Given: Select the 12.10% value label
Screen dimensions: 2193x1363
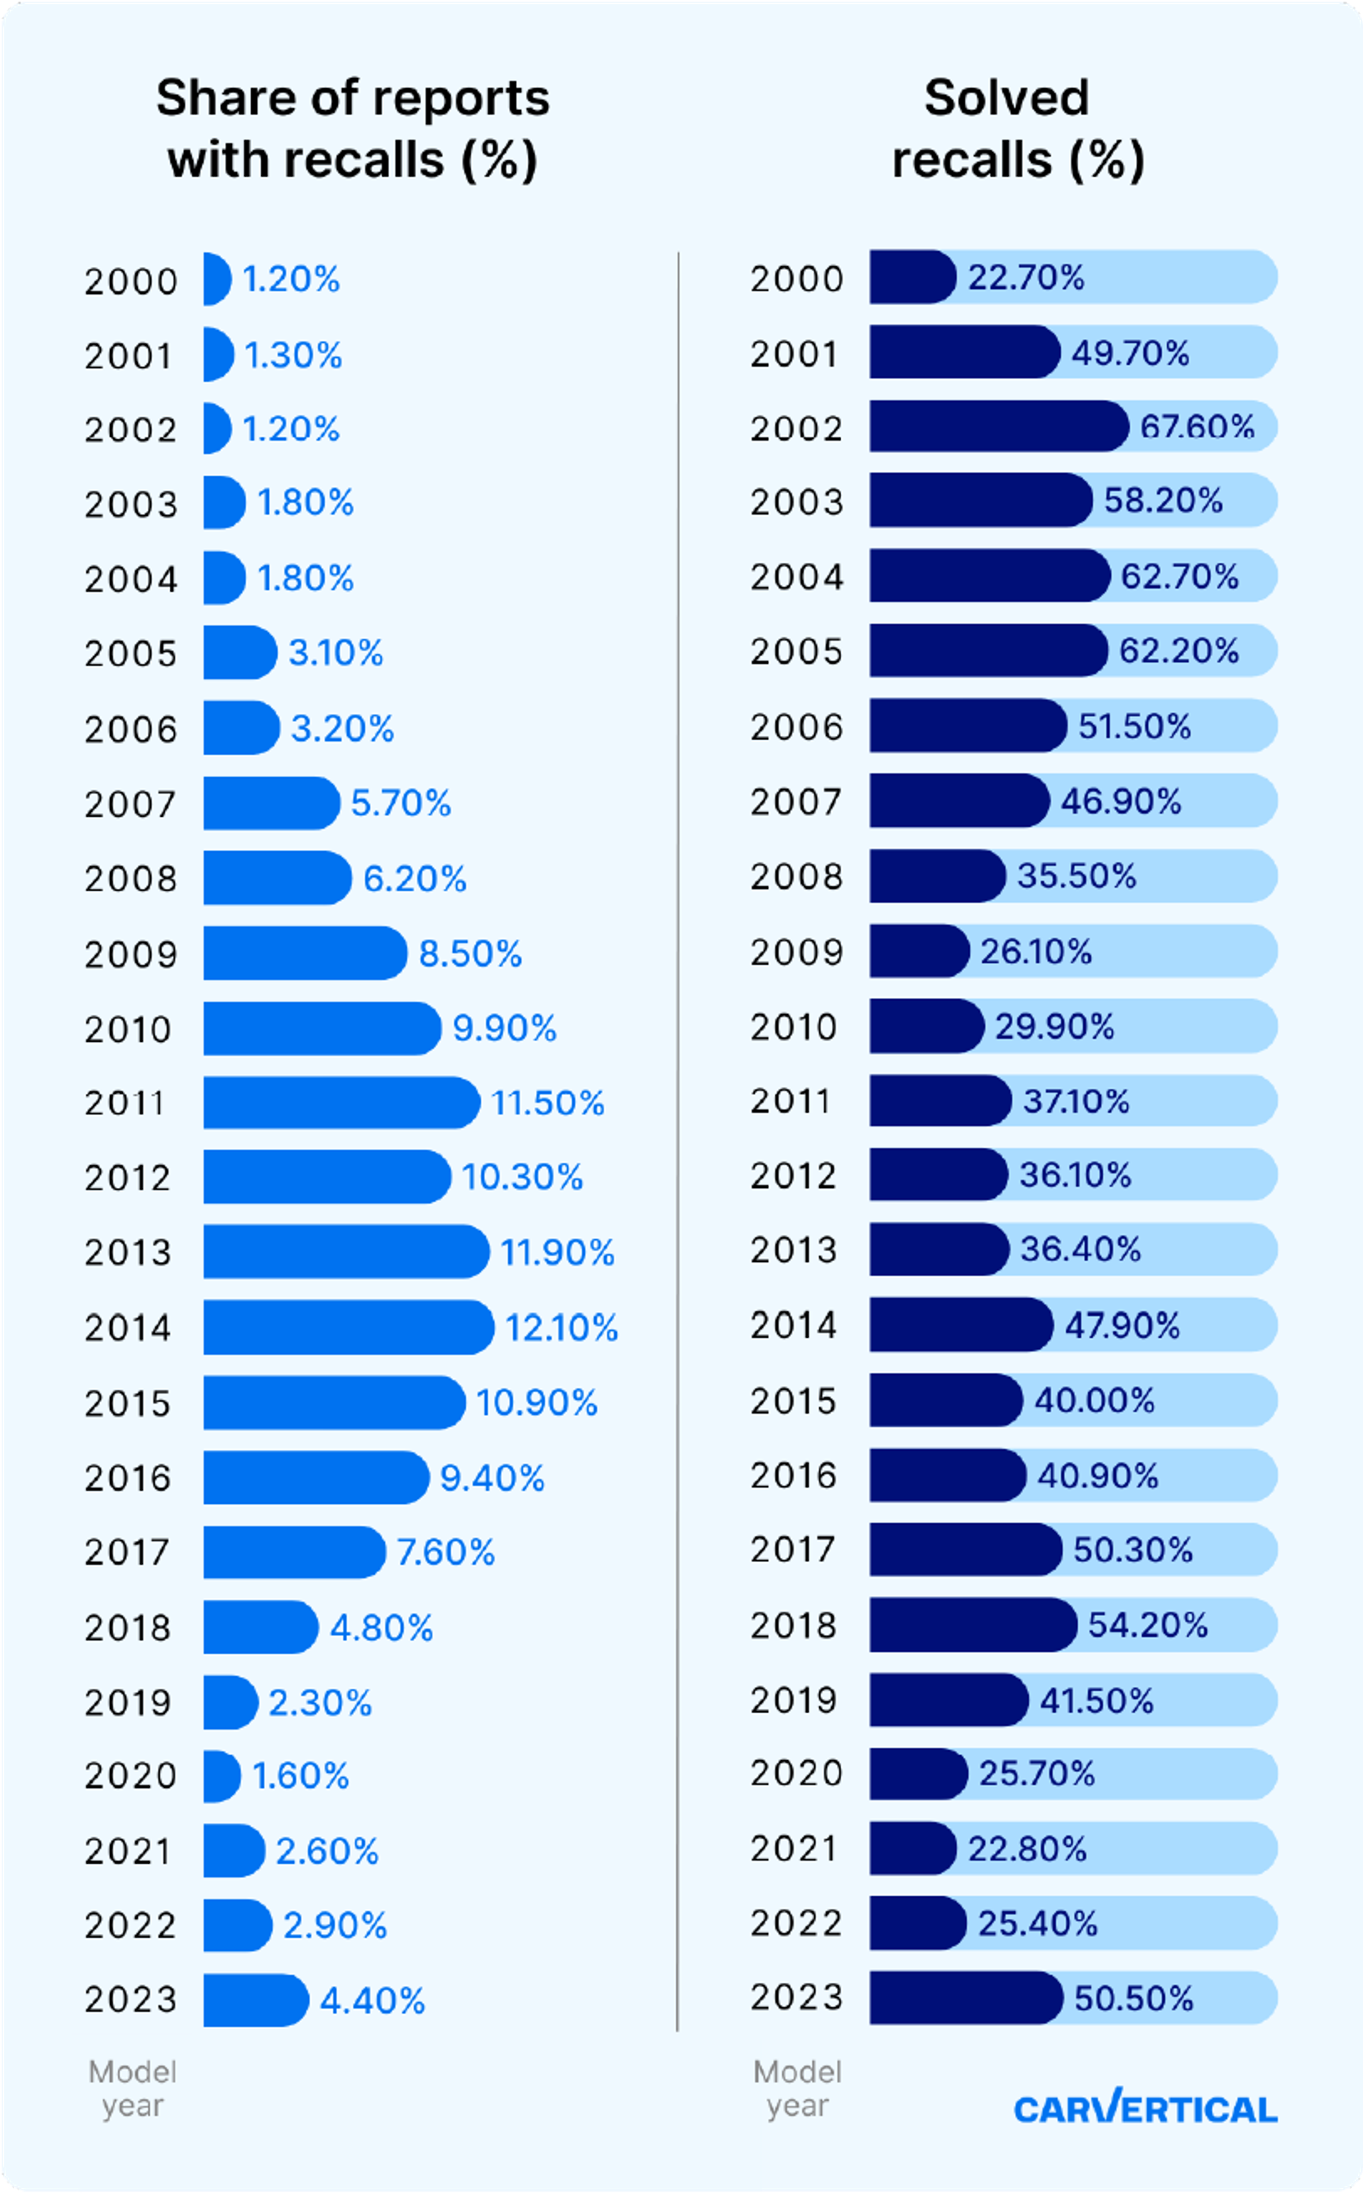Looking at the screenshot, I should [562, 1327].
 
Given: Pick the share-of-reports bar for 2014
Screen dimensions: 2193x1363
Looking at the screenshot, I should [347, 1327].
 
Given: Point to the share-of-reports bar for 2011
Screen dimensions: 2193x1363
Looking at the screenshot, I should [341, 1102].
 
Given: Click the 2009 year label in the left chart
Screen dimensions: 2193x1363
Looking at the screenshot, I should [131, 954].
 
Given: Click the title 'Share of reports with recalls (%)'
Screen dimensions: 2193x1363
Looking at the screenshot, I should [353, 129].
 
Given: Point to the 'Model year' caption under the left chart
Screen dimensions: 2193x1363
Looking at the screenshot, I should [133, 2089].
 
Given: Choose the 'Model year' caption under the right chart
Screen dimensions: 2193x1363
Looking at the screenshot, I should [797, 2089].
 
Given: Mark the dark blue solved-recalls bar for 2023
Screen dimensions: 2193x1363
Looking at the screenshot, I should [965, 1999].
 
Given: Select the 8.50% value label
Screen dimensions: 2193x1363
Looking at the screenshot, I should [470, 954].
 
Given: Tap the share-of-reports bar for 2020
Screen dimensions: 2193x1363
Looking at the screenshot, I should [221, 1776].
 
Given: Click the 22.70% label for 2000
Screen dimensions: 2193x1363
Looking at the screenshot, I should [1026, 277].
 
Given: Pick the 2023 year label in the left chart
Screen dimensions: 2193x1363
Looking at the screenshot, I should [131, 2000].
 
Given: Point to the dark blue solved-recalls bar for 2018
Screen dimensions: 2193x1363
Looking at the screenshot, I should [972, 1625].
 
